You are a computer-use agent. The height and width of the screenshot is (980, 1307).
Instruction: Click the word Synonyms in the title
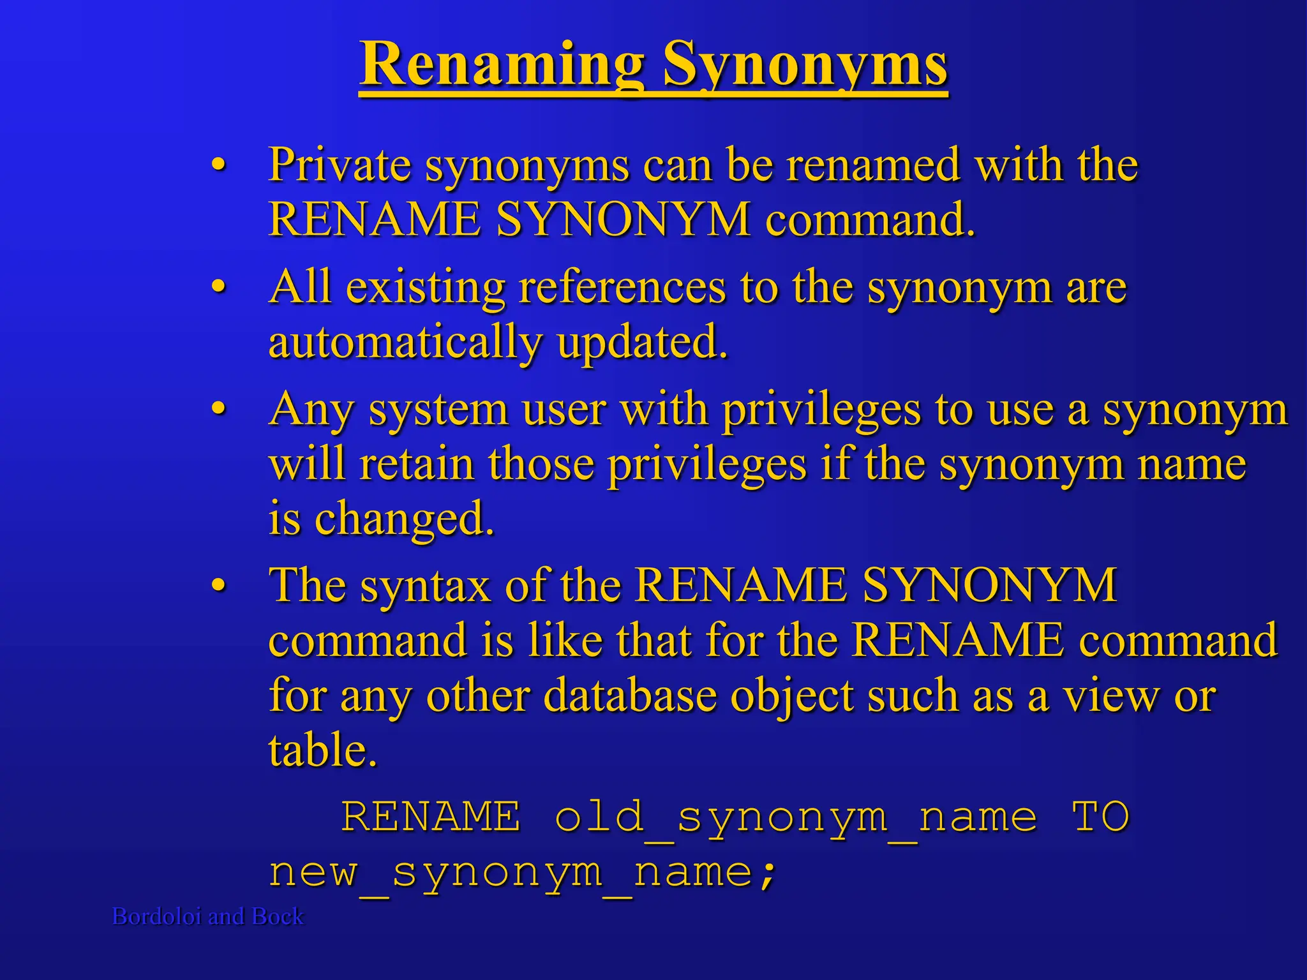(805, 65)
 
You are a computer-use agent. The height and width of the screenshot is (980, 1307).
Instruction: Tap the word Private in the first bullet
(339, 165)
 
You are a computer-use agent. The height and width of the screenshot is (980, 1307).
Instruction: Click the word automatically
(405, 343)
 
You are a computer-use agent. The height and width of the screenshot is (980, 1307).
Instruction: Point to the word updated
(641, 343)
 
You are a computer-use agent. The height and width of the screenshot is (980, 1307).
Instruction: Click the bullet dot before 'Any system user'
(219, 408)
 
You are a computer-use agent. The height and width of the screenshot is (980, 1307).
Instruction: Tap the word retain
(417, 464)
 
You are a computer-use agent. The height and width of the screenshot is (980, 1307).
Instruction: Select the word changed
(404, 519)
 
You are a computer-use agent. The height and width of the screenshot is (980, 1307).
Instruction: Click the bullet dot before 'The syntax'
(219, 585)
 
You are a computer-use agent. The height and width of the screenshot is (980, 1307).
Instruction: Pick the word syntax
(425, 585)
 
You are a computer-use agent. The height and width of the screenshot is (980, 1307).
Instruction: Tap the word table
(322, 750)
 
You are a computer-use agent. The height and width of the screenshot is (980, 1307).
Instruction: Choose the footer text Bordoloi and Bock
(208, 916)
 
